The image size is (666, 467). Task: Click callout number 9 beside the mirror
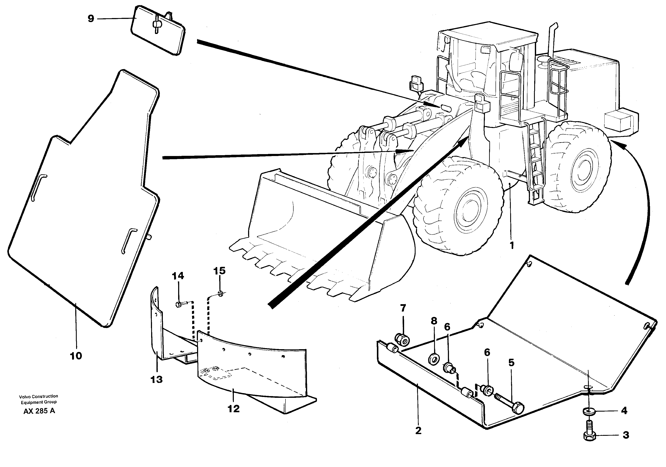pos(91,19)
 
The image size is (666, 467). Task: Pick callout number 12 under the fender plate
pos(233,409)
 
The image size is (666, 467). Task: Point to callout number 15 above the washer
pos(219,271)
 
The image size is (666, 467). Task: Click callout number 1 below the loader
pos(512,245)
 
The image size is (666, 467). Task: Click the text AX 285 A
pos(39,411)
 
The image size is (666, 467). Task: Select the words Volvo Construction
pos(38,396)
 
